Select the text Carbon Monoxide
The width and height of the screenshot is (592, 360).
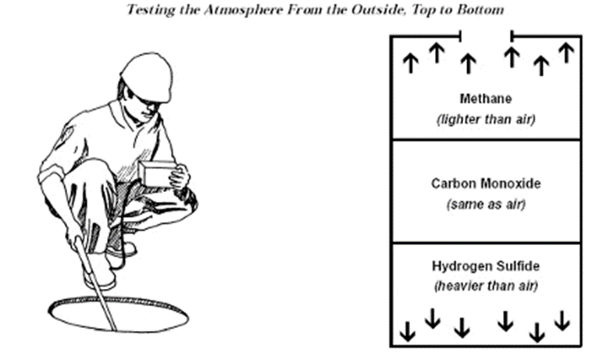[x=485, y=184]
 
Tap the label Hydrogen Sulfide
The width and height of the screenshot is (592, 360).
[x=485, y=266]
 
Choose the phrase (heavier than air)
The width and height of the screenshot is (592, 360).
[x=485, y=286]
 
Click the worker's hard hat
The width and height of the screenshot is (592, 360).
[x=148, y=76]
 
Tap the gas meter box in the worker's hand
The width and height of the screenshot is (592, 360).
[x=158, y=173]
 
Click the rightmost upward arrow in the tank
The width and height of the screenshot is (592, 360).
[x=566, y=53]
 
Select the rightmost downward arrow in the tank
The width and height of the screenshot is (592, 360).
[x=562, y=320]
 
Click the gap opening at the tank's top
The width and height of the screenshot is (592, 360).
[x=485, y=35]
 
